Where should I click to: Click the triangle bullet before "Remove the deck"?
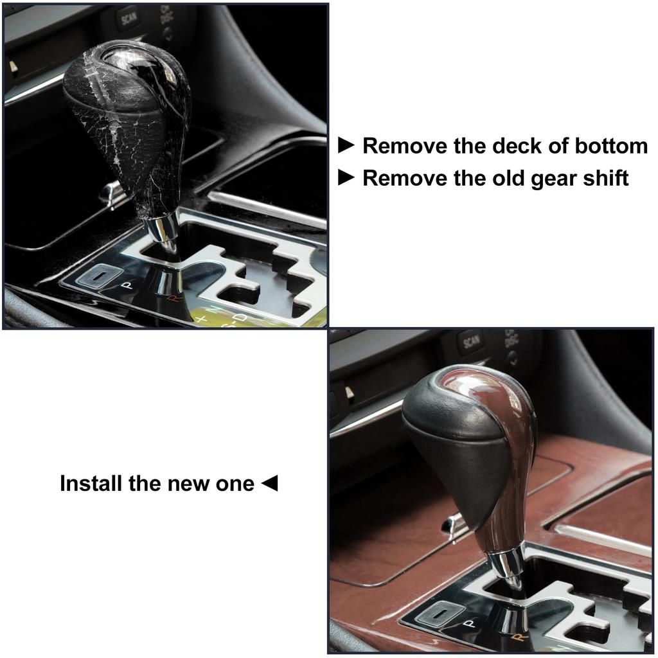coord(346,145)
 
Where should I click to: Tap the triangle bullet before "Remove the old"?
coord(346,177)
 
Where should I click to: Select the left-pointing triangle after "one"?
coord(270,483)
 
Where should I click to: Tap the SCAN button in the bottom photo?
coord(469,342)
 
